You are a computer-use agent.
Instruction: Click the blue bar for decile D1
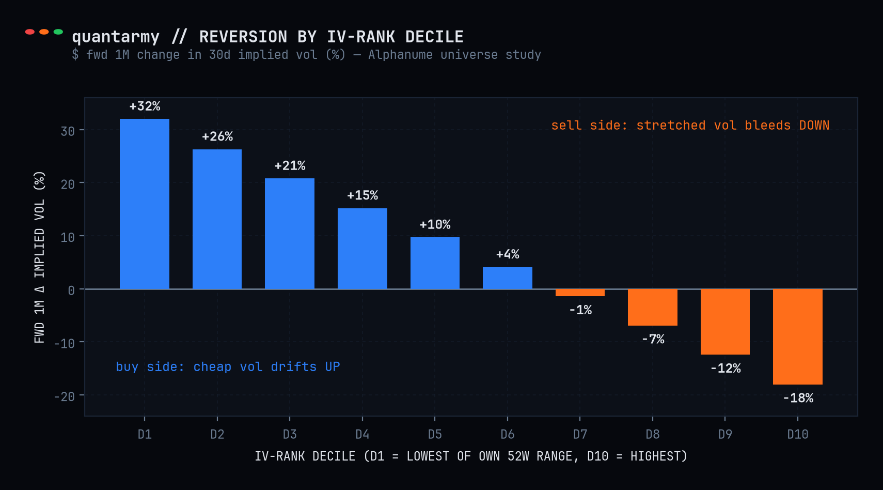(x=144, y=204)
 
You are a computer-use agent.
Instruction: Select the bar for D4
(x=362, y=249)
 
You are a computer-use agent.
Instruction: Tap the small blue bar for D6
(x=507, y=278)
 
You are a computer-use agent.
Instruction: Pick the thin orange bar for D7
(x=580, y=293)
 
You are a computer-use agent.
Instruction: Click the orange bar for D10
(x=797, y=337)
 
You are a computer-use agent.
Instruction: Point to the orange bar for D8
(x=652, y=308)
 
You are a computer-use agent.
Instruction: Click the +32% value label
(x=145, y=106)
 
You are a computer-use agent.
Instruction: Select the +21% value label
(x=290, y=165)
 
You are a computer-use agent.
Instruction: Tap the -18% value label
(x=798, y=398)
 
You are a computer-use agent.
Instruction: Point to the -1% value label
(x=580, y=310)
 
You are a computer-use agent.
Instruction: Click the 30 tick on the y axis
(x=68, y=131)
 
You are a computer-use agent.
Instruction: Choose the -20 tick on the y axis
(x=65, y=396)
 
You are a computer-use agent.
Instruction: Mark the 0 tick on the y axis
(x=71, y=291)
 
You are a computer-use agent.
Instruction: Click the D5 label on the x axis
(x=435, y=434)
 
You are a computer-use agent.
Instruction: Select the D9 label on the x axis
(x=725, y=434)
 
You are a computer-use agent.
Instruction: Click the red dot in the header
(x=30, y=32)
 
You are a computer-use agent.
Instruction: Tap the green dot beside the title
(x=58, y=32)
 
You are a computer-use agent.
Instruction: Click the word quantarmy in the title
(x=116, y=37)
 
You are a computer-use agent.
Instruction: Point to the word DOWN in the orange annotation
(x=814, y=126)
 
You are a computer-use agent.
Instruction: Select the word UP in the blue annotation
(x=333, y=367)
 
